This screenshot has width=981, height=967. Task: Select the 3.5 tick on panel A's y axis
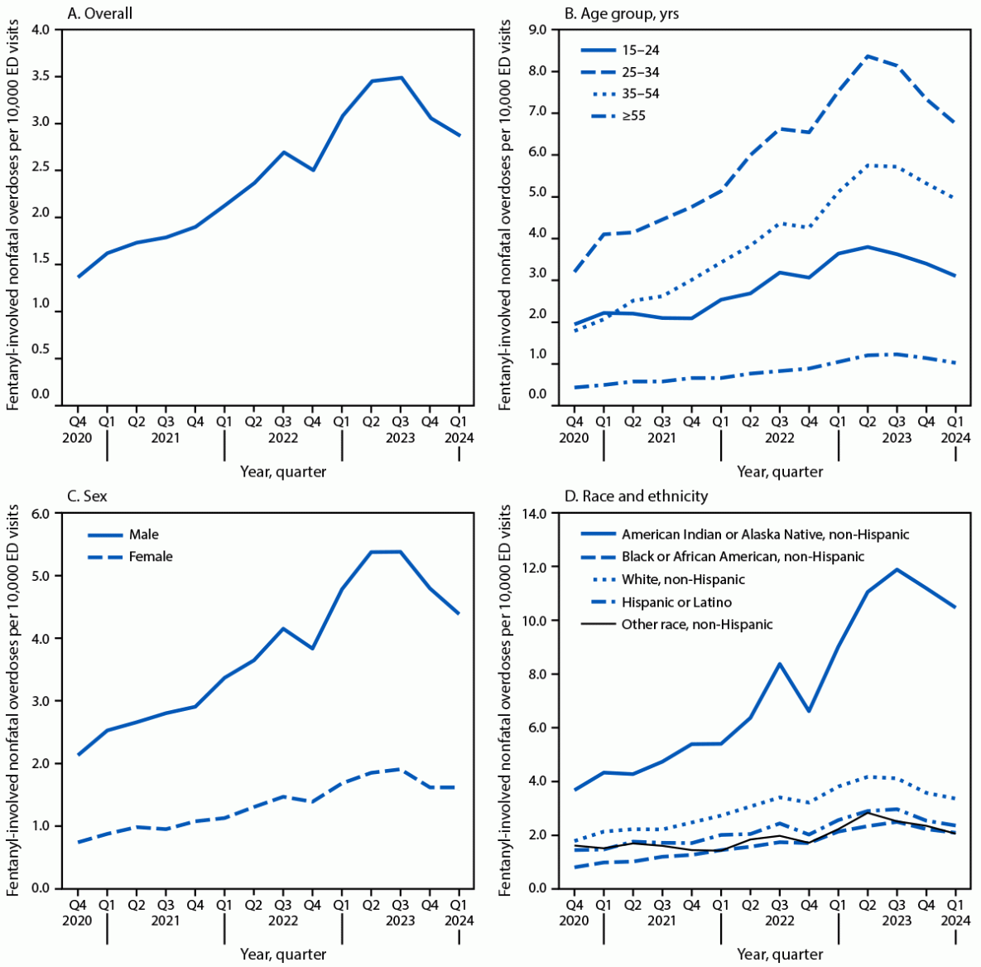click(x=41, y=76)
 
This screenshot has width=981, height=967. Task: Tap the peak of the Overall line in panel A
click(x=401, y=78)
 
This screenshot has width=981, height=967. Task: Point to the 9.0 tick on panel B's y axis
click(x=537, y=30)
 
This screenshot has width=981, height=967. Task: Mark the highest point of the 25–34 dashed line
click(x=867, y=56)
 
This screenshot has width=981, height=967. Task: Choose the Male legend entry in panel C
click(x=143, y=534)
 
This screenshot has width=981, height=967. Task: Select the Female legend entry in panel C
click(x=151, y=556)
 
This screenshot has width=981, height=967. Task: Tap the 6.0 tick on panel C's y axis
click(x=41, y=514)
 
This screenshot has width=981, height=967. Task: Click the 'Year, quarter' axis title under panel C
click(x=283, y=954)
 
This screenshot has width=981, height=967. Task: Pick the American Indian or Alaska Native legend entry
click(x=765, y=534)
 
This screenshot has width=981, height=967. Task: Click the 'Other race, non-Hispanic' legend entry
click(x=697, y=624)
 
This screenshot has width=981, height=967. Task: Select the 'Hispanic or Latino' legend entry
click(x=676, y=602)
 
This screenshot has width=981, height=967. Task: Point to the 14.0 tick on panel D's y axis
click(x=534, y=514)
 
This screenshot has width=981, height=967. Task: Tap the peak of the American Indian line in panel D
click(x=897, y=569)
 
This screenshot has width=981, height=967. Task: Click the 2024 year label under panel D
click(x=955, y=920)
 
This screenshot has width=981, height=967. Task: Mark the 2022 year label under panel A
click(x=283, y=437)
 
